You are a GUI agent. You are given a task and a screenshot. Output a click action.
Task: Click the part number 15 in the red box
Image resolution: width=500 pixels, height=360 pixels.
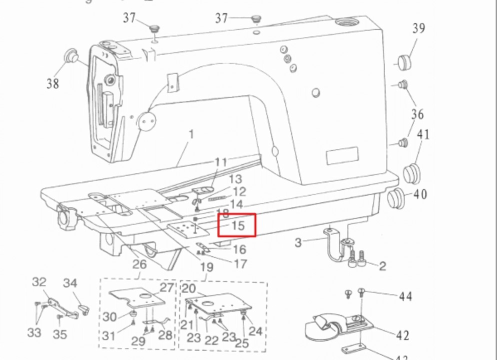click(238, 225)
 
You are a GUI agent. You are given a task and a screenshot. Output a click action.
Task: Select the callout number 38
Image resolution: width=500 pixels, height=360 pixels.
click(52, 83)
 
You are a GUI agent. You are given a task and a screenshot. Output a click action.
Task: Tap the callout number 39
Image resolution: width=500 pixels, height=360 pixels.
click(418, 28)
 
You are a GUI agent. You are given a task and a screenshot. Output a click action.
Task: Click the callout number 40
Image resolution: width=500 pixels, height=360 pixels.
click(420, 193)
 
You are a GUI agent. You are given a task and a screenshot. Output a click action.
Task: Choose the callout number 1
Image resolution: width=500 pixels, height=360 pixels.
click(190, 134)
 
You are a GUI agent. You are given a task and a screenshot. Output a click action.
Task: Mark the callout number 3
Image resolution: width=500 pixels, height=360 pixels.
click(298, 243)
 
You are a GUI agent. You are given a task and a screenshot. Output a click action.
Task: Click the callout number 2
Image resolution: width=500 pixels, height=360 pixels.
click(382, 265)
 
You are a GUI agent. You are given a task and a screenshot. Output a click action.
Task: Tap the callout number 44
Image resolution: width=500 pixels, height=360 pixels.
click(405, 296)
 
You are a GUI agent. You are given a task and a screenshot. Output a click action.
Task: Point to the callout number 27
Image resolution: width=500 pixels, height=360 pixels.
click(166, 287)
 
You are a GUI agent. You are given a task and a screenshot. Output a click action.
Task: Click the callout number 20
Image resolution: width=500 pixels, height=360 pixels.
click(188, 288)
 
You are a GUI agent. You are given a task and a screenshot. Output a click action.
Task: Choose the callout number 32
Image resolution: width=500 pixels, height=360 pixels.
click(39, 282)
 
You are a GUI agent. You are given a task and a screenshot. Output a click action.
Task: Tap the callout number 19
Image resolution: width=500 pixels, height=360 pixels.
click(206, 267)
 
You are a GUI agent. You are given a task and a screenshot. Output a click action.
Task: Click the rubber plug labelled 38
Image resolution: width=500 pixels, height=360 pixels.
click(71, 55)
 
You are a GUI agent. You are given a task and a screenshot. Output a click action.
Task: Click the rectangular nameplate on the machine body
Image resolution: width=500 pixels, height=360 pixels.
click(342, 155)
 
